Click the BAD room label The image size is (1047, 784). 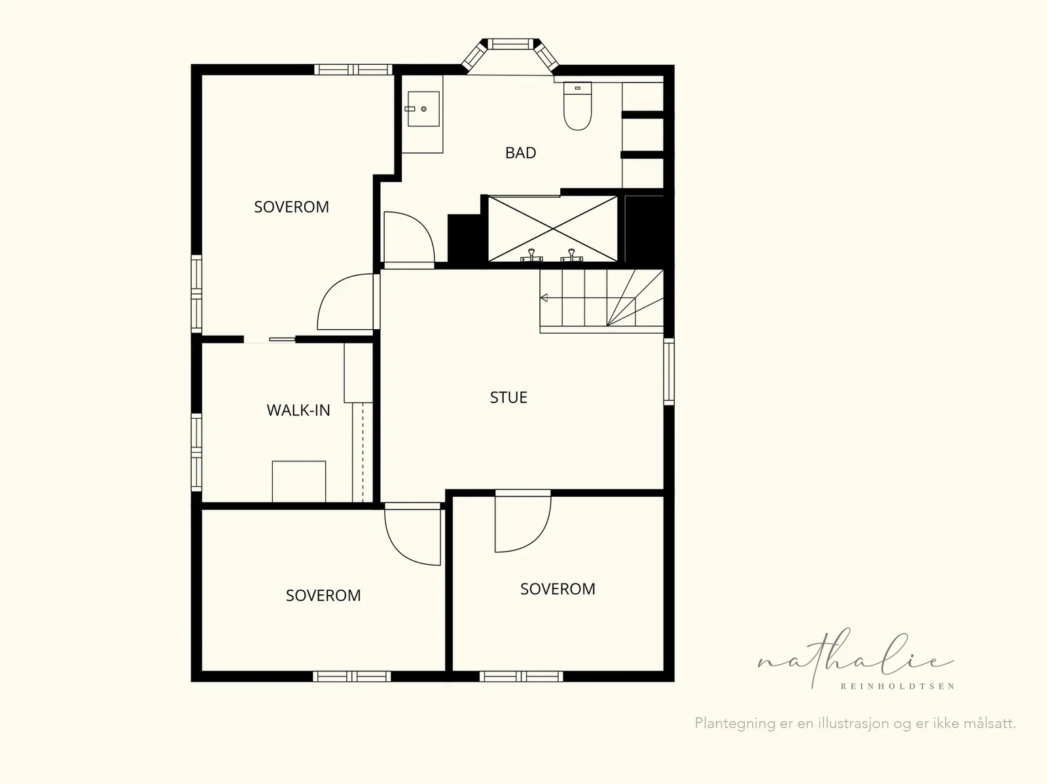point(520,152)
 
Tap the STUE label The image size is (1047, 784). point(508,397)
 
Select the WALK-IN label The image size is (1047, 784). point(298,410)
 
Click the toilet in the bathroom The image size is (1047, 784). point(577,106)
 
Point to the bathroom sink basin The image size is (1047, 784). point(423,109)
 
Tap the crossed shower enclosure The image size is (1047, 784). point(553,229)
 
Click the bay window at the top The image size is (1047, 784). point(510,55)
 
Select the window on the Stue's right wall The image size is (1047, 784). point(669,372)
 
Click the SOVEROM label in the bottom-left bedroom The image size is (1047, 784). point(323,595)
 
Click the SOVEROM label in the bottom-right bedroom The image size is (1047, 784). point(558,589)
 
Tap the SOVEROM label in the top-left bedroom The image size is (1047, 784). point(291,207)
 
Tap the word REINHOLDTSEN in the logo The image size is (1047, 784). point(897,686)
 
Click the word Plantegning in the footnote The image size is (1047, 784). point(735,723)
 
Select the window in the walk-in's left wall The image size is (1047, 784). point(196,452)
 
